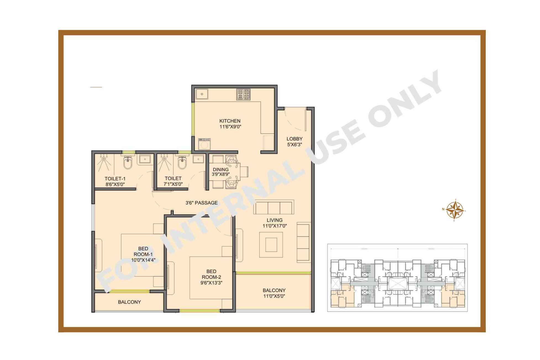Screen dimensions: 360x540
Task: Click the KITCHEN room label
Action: click(230, 121)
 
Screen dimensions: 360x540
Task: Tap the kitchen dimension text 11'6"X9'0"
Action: click(230, 127)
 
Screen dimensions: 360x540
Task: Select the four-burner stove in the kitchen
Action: click(243, 94)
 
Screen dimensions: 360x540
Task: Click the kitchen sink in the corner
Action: click(202, 94)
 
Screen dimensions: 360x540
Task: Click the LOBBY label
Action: click(294, 139)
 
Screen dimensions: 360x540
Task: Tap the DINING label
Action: click(221, 170)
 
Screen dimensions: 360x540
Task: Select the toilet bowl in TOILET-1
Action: click(128, 163)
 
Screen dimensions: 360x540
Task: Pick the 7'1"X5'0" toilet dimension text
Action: click(173, 184)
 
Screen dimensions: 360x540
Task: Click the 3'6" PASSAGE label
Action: click(201, 203)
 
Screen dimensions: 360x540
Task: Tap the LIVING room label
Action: click(275, 220)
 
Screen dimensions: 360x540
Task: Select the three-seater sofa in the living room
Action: click(274, 207)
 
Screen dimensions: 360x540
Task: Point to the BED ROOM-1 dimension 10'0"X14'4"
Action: click(143, 260)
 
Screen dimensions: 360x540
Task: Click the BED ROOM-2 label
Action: click(211, 274)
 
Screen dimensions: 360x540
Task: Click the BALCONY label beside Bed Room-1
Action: click(129, 302)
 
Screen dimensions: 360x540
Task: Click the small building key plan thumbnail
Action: click(397, 278)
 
